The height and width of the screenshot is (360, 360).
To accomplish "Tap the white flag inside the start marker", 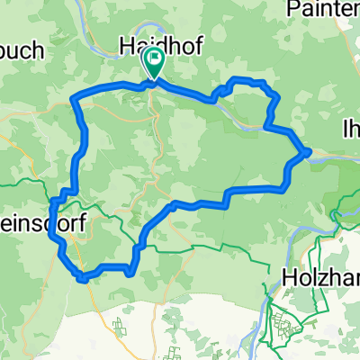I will pyautogui.click(x=154, y=60).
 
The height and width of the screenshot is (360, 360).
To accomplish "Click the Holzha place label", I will pyautogui.click(x=319, y=275).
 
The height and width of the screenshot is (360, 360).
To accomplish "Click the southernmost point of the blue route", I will pyautogui.click(x=83, y=278).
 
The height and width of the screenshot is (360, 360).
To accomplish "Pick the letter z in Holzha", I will pyautogui.click(x=326, y=275).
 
